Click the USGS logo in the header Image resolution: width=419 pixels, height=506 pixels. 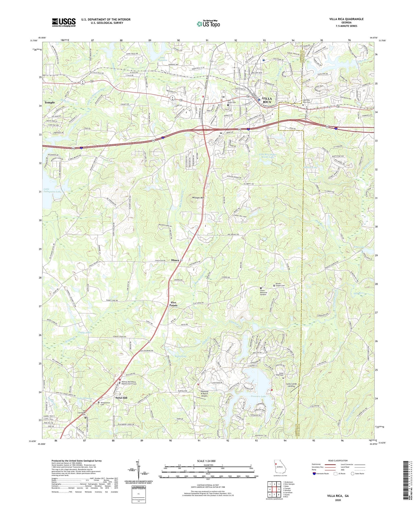pos(64,22)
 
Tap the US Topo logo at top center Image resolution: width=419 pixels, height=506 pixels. pos(208,24)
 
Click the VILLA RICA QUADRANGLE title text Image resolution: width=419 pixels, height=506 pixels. pos(346,19)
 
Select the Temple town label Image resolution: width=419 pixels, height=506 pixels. pos(50,102)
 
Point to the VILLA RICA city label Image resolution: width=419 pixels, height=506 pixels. pos(267,100)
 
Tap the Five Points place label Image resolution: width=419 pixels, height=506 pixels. pos(173,304)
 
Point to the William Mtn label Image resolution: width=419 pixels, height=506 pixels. pos(199,198)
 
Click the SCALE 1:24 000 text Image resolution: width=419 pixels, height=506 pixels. pos(208,461)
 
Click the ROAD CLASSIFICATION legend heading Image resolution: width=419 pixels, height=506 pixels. pos(338,461)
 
